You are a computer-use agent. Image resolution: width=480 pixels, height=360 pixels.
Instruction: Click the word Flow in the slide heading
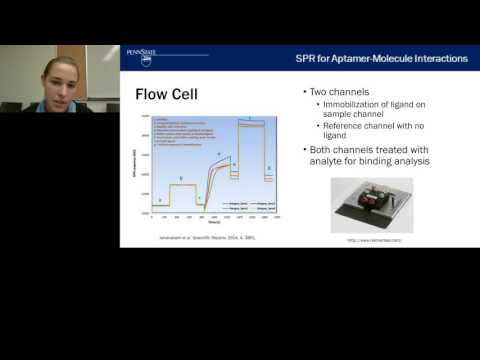(152, 96)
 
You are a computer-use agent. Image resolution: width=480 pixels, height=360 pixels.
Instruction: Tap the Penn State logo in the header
(142, 57)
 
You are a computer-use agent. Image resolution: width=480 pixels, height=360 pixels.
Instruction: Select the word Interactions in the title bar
(441, 58)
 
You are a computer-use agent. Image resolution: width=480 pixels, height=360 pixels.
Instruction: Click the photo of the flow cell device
(371, 205)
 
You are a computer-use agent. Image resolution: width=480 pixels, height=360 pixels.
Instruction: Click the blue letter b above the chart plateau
(181, 179)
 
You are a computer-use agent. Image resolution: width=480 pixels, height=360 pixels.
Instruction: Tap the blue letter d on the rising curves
(219, 154)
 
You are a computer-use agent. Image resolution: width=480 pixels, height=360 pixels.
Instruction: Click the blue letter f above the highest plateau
(249, 119)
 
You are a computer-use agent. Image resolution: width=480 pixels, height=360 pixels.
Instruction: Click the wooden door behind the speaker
(102, 74)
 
